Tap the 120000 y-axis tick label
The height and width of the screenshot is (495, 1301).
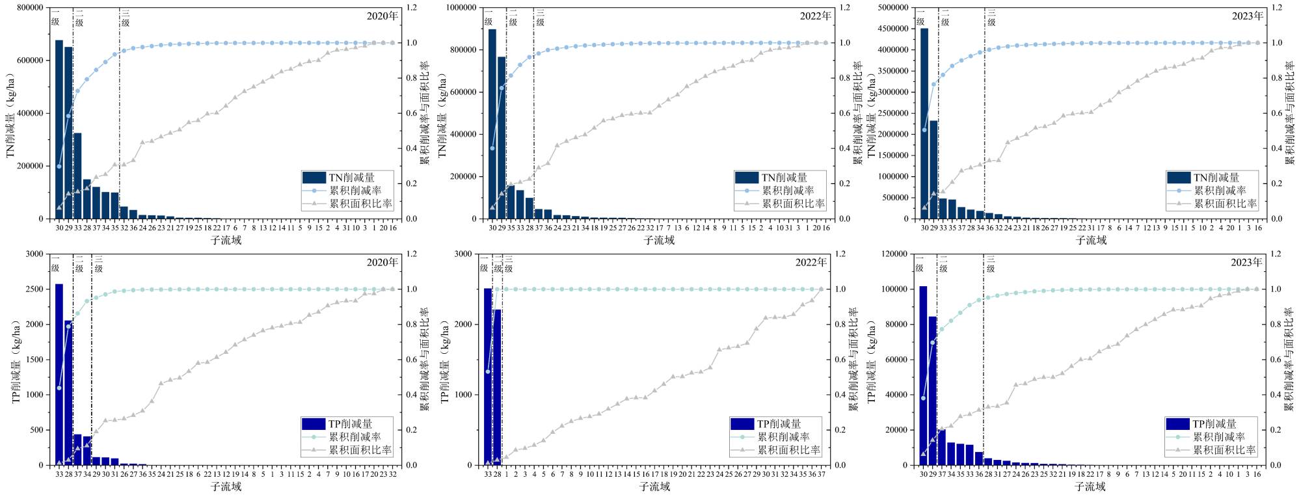point(894,254)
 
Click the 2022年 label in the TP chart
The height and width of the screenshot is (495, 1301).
point(811,262)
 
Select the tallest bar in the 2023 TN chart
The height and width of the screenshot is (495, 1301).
point(924,124)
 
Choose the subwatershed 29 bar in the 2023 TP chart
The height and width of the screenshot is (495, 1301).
point(932,390)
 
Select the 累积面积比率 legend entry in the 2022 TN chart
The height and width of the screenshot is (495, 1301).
point(793,204)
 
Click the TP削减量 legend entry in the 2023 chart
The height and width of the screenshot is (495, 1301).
point(1214,424)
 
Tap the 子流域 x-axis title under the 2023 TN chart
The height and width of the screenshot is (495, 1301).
point(1091,240)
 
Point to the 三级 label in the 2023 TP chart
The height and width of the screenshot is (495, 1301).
point(991,263)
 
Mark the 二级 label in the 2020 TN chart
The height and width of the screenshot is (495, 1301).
point(79,18)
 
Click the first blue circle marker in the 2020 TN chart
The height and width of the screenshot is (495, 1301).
point(59,167)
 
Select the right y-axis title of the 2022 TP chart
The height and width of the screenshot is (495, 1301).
point(853,359)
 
